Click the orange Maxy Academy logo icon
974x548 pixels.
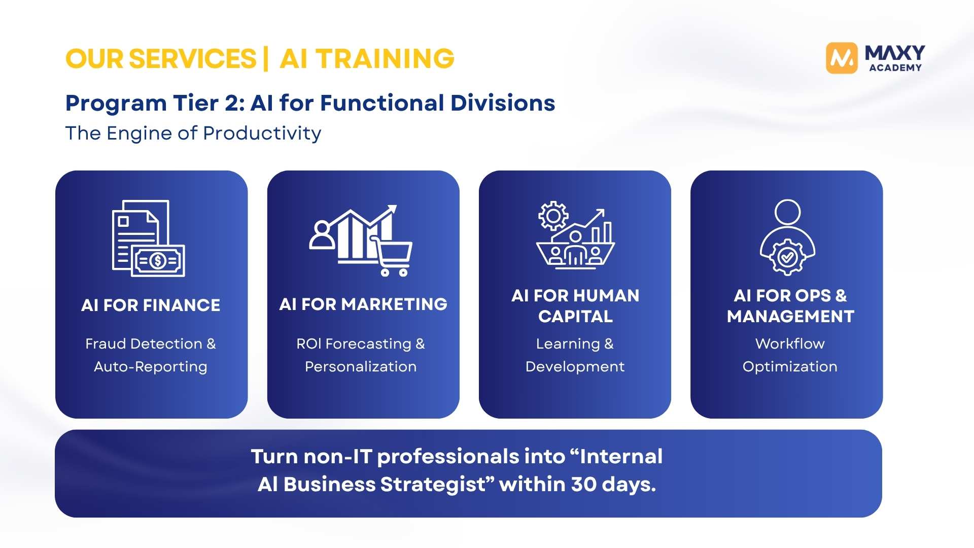(842, 58)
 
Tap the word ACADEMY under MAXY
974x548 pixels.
(895, 67)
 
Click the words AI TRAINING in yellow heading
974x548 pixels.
(367, 59)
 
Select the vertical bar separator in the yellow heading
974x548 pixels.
(266, 59)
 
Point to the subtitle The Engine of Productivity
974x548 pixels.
(193, 133)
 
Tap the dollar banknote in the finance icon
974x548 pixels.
(158, 261)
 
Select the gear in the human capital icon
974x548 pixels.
(553, 216)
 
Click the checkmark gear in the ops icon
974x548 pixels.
(787, 257)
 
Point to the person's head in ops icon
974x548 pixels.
(787, 212)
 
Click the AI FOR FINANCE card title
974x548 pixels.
(151, 305)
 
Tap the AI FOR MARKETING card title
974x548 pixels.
(363, 304)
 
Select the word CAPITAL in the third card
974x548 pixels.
(575, 317)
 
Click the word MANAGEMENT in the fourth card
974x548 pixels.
(790, 317)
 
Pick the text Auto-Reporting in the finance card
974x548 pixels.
(151, 367)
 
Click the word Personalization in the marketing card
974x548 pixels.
(361, 367)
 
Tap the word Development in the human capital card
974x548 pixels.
(575, 367)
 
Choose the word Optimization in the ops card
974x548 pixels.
(790, 367)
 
